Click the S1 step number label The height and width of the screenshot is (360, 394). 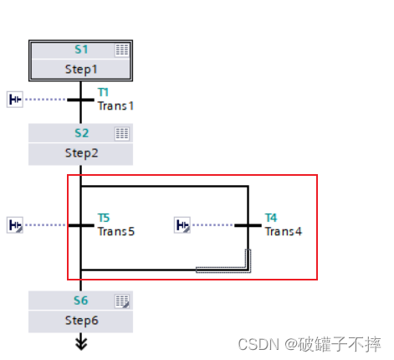[81, 50]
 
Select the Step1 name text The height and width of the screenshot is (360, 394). [81, 69]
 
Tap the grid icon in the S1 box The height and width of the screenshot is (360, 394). [122, 50]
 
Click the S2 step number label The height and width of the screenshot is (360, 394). [81, 133]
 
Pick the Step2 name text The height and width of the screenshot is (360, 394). [81, 153]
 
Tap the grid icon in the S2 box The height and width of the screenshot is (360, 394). [122, 133]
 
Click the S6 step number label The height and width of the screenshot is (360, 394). [81, 301]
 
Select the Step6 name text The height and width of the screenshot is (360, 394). [81, 320]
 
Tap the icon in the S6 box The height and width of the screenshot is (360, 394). [122, 301]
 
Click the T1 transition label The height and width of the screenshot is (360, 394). [104, 93]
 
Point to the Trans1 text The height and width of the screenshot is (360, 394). [115, 105]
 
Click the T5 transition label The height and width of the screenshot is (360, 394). [104, 218]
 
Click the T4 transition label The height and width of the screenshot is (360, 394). [271, 218]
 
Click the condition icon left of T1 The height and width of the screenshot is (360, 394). [15, 100]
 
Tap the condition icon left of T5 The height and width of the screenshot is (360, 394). [15, 224]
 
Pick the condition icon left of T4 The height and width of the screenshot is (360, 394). [182, 224]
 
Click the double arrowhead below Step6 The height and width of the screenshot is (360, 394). [81, 342]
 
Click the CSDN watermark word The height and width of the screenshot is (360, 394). [256, 344]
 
